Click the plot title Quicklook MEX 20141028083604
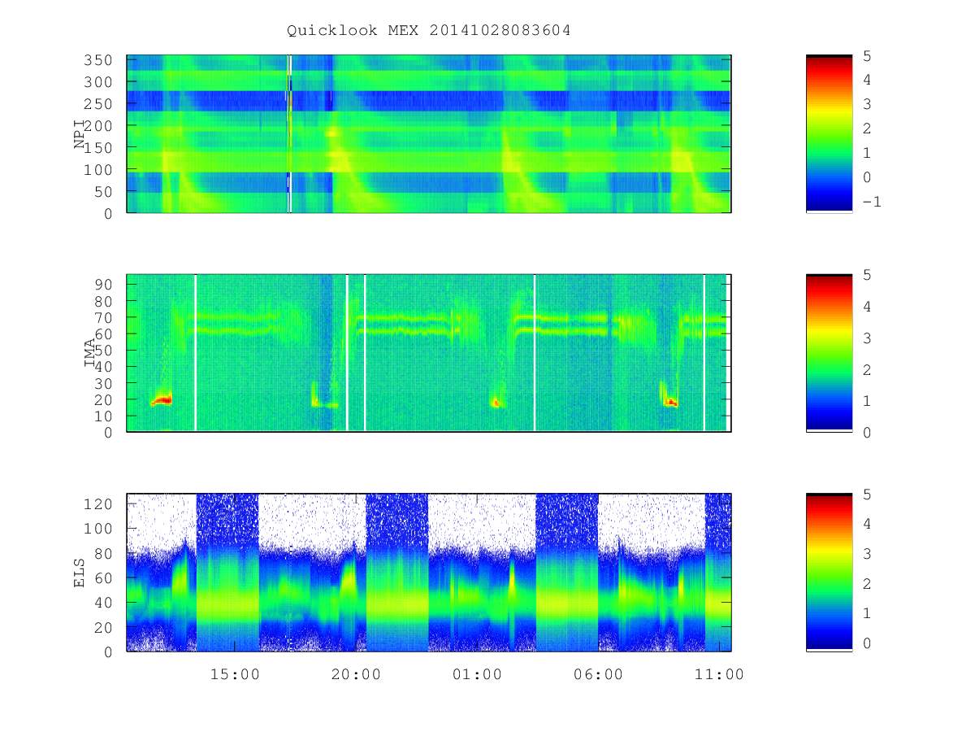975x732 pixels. [x=428, y=30]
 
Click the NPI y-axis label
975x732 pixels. [x=79, y=133]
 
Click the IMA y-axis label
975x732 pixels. [x=89, y=352]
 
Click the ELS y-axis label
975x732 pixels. [x=79, y=573]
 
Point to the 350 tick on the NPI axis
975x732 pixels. [x=97, y=60]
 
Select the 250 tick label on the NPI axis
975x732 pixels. [x=97, y=104]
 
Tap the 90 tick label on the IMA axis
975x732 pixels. [x=103, y=285]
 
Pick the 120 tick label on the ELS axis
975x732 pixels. [x=97, y=504]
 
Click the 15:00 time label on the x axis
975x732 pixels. [x=235, y=674]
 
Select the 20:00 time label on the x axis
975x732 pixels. [x=356, y=674]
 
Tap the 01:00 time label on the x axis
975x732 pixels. [x=477, y=674]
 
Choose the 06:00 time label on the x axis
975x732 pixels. [x=598, y=674]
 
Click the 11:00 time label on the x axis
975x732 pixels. [x=719, y=674]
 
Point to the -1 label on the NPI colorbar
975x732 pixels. [x=872, y=202]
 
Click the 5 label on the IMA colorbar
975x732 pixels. [x=867, y=275]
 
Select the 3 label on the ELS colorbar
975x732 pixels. [x=867, y=554]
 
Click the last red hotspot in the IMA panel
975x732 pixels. [x=670, y=403]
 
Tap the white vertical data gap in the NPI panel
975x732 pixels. [x=289, y=133]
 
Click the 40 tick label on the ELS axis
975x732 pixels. [x=103, y=603]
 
